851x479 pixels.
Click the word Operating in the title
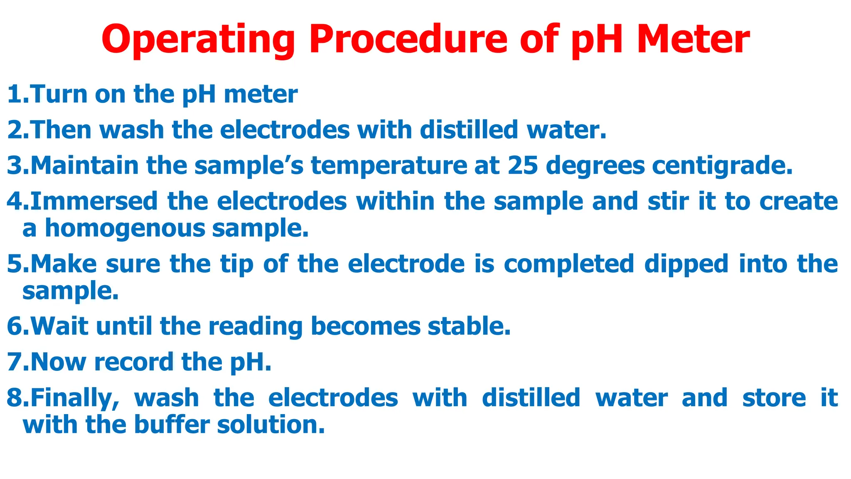(x=198, y=40)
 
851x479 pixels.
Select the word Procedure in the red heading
(x=408, y=40)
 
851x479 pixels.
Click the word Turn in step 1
(x=59, y=94)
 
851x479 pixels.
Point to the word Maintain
(x=85, y=165)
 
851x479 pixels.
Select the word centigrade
(x=722, y=166)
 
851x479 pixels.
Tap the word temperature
(x=389, y=166)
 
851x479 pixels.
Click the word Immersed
(x=94, y=201)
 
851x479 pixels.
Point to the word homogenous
(x=125, y=229)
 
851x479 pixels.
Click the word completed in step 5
(x=569, y=264)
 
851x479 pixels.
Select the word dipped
(x=686, y=264)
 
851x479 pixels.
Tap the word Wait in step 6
(x=59, y=326)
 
